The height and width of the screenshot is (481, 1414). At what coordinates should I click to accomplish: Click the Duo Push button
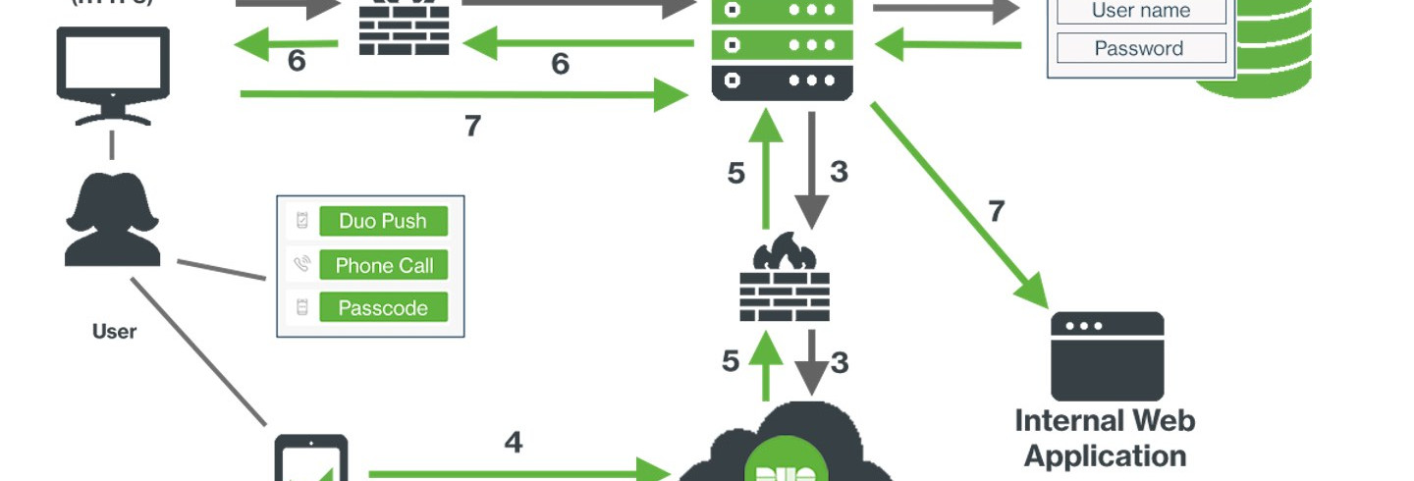(383, 221)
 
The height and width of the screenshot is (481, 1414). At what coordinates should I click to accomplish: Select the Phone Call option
(383, 265)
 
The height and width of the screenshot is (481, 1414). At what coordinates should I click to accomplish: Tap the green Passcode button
(383, 308)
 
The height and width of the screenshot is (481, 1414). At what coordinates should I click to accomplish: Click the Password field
(1140, 48)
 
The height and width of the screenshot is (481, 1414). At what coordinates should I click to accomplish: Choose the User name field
(1140, 12)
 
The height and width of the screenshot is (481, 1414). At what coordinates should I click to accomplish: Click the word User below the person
(114, 332)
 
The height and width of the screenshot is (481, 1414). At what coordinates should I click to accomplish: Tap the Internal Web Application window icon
(1107, 355)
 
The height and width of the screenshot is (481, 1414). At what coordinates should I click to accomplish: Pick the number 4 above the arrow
(513, 443)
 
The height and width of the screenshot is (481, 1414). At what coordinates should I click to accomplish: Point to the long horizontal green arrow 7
(462, 94)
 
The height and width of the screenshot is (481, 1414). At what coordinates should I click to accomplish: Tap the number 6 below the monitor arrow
(297, 62)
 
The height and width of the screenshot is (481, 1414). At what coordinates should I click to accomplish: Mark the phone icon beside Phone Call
(302, 265)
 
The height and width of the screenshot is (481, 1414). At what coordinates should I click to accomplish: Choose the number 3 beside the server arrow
(839, 172)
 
